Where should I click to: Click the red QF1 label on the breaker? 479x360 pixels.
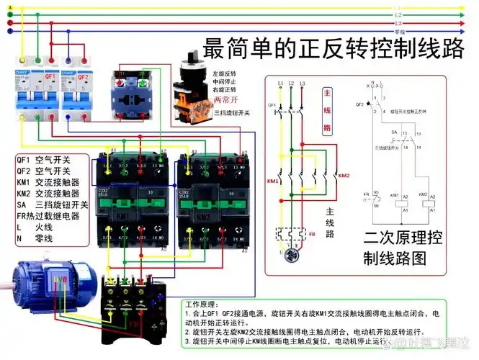pyautogui.click(x=50, y=75)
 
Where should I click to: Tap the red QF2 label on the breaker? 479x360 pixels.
pyautogui.click(x=83, y=75)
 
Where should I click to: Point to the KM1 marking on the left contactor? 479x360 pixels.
pyautogui.click(x=123, y=215)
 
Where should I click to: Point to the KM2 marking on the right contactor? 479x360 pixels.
pyautogui.click(x=204, y=215)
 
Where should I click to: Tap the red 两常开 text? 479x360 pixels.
pyautogui.click(x=227, y=101)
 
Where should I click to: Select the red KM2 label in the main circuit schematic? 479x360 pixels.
pyautogui.click(x=344, y=176)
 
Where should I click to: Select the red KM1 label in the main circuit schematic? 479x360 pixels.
pyautogui.click(x=273, y=180)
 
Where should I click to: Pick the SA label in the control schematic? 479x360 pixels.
pyautogui.click(x=395, y=133)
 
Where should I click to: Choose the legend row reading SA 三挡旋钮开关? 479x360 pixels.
pyautogui.click(x=52, y=204)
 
